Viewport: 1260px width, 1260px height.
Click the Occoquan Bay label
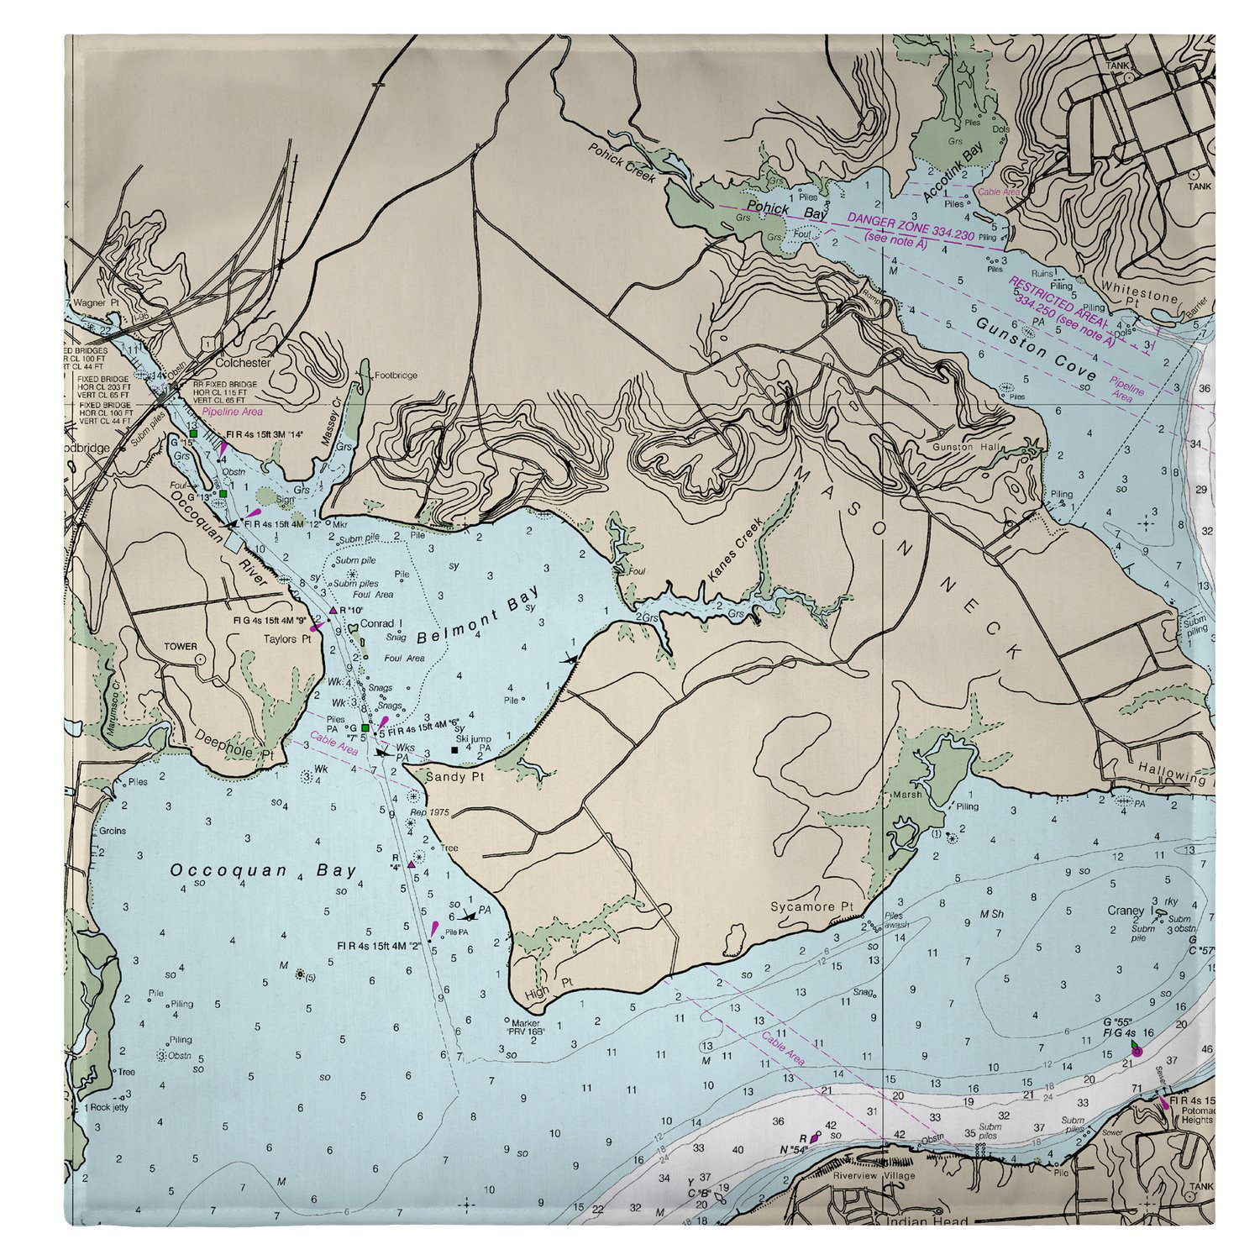(263, 870)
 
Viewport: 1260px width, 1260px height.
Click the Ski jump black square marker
(454, 749)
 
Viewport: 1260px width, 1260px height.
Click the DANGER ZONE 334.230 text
(910, 226)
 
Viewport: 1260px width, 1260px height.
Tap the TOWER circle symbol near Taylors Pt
(201, 660)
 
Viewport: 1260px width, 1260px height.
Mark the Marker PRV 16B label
(528, 1026)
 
